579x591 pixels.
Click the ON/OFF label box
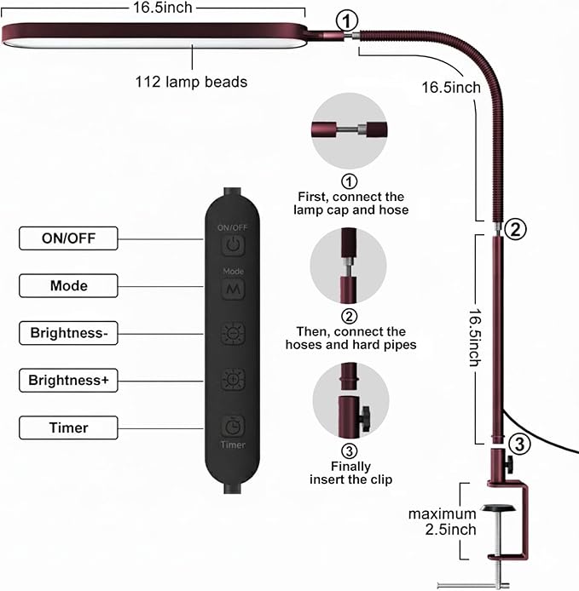tap(68, 238)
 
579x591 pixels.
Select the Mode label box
tap(68, 285)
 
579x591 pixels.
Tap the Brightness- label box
tap(68, 333)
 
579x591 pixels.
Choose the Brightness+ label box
tap(68, 381)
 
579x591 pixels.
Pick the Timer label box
tap(68, 427)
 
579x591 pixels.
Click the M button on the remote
tap(233, 289)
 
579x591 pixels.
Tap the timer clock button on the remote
tap(233, 427)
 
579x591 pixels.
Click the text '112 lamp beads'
tap(191, 82)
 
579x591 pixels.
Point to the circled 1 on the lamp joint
tap(346, 20)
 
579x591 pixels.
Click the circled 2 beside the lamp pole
tap(515, 229)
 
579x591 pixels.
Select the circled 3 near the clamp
tap(519, 444)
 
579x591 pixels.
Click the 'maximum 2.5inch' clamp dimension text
tap(443, 522)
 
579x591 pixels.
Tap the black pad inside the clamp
tap(499, 508)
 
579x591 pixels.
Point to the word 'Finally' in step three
tap(350, 466)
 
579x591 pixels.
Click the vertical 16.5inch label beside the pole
tap(475, 338)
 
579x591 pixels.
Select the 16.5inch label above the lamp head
tap(163, 8)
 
